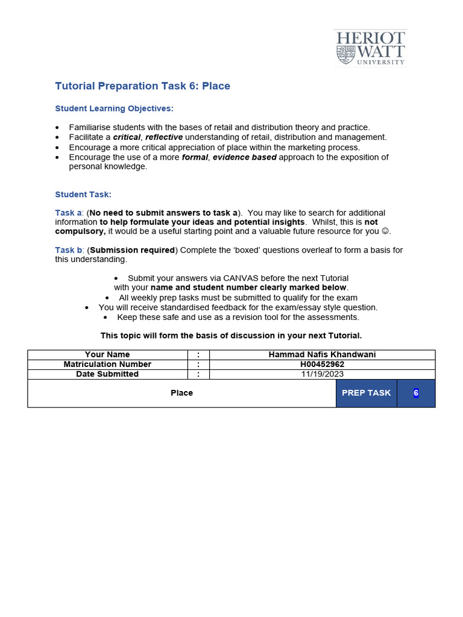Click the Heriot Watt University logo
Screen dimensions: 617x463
pos(370,48)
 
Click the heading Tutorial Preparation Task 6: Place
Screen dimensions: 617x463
pos(142,86)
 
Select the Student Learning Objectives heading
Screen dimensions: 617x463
pos(114,108)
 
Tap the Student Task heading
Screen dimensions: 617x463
pos(83,195)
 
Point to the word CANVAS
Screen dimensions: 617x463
pos(241,278)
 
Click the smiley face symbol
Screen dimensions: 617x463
pos(385,231)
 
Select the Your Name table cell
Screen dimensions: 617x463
pos(107,355)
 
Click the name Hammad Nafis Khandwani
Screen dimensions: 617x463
pos(322,355)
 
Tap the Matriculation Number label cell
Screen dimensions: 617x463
pos(107,365)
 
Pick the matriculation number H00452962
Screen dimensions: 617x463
pos(322,365)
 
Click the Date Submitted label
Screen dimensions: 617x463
pos(107,374)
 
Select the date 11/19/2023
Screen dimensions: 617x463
pos(322,374)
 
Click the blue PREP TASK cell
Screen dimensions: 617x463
pos(366,393)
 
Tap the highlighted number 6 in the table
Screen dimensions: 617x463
pos(416,393)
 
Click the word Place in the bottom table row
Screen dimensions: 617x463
pos(181,393)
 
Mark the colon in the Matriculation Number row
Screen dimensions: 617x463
pos(198,365)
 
